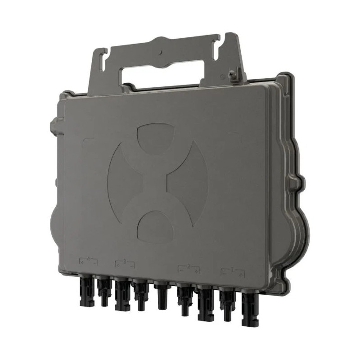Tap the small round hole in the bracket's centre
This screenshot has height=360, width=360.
click(161, 53)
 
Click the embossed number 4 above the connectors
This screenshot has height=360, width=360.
click(89, 259)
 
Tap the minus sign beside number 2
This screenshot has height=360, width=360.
click(181, 270)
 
